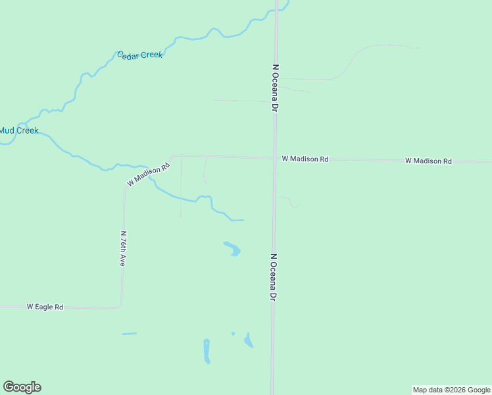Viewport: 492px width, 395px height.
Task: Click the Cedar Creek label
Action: (x=139, y=55)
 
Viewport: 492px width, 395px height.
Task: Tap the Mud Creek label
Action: (x=18, y=130)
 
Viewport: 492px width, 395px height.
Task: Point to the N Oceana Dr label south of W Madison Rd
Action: (x=273, y=277)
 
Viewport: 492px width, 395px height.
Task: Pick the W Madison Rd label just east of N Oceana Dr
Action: (x=305, y=159)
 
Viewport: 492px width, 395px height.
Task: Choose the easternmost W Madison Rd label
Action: (x=428, y=161)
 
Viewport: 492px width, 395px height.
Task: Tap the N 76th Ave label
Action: (x=122, y=248)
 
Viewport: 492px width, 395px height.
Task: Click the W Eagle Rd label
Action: (x=45, y=307)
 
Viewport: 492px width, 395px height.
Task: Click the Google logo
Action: (x=22, y=387)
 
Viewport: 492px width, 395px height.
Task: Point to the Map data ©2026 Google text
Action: (x=451, y=390)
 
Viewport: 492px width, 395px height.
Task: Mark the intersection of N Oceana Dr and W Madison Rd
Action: (x=274, y=158)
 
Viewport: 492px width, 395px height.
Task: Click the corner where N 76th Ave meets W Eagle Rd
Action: (x=120, y=306)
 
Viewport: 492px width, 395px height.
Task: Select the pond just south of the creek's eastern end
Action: (x=232, y=248)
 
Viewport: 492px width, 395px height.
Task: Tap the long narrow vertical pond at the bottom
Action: (x=207, y=351)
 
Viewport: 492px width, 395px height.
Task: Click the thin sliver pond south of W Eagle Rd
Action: (x=129, y=334)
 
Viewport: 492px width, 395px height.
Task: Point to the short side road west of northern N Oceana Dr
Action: (x=240, y=101)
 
